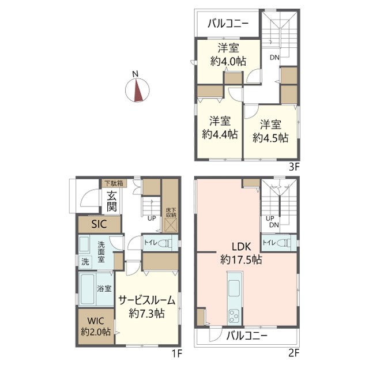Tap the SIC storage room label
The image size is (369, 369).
pyautogui.click(x=99, y=224)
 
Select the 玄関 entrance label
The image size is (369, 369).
pyautogui.click(x=111, y=201)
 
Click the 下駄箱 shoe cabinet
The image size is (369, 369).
pyautogui.click(x=114, y=183)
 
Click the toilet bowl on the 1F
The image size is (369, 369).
pyautogui.click(x=165, y=243)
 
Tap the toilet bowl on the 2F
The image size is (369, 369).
pyautogui.click(x=283, y=242)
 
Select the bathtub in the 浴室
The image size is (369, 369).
pyautogui.click(x=87, y=289)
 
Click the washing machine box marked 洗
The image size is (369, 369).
pyautogui.click(x=85, y=261)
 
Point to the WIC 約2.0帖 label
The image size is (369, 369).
pyautogui.click(x=96, y=326)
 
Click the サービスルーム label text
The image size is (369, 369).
pyautogui.click(x=147, y=300)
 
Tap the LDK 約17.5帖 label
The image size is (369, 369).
pyautogui.click(x=241, y=253)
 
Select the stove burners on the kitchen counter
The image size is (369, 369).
pyautogui.click(x=235, y=316)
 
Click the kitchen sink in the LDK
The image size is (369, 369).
pyautogui.click(x=234, y=288)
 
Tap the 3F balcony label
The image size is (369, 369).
pyautogui.click(x=228, y=24)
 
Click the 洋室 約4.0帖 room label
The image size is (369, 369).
pyautogui.click(x=228, y=55)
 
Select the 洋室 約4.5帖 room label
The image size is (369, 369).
pyautogui.click(x=270, y=131)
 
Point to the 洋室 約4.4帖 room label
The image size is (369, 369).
pyautogui.click(x=220, y=128)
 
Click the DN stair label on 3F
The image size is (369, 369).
pyautogui.click(x=274, y=57)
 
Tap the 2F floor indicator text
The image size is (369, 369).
pyautogui.click(x=293, y=353)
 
